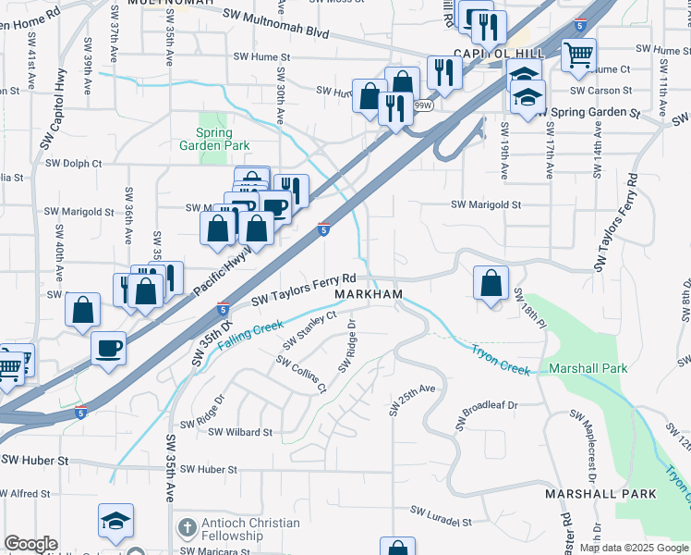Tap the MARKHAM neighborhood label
pos(369,294)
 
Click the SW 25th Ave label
pos(411,400)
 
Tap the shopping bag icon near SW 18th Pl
pos(492,282)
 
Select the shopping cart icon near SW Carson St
pos(578,55)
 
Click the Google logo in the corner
pos(30,544)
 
